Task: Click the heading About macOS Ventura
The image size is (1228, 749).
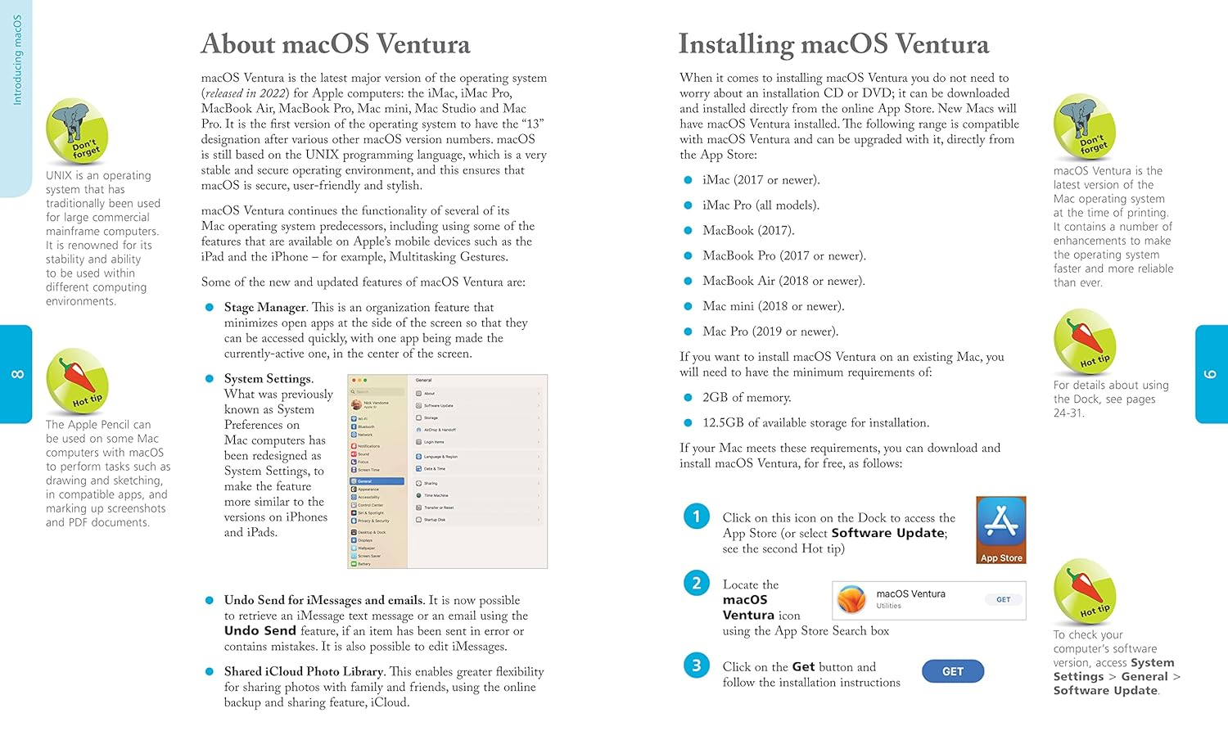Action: point(336,44)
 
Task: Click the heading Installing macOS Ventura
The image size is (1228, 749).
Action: point(833,44)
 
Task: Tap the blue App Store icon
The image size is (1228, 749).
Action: point(1000,530)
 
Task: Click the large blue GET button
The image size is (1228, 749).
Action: point(952,671)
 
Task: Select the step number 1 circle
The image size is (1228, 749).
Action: point(697,517)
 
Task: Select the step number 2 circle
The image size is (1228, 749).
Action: point(697,583)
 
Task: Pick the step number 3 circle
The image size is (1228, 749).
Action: point(697,666)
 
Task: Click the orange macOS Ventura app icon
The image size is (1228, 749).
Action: point(852,600)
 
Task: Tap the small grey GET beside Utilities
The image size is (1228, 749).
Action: point(1003,600)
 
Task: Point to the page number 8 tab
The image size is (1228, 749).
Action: point(16,374)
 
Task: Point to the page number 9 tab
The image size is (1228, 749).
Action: point(1211,374)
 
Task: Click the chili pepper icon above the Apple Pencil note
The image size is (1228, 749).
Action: point(77,381)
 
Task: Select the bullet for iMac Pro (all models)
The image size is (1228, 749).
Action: point(688,205)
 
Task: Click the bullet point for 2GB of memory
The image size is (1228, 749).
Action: point(688,398)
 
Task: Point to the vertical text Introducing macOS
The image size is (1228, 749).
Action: point(17,60)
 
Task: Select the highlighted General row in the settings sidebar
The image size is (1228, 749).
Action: point(377,481)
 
